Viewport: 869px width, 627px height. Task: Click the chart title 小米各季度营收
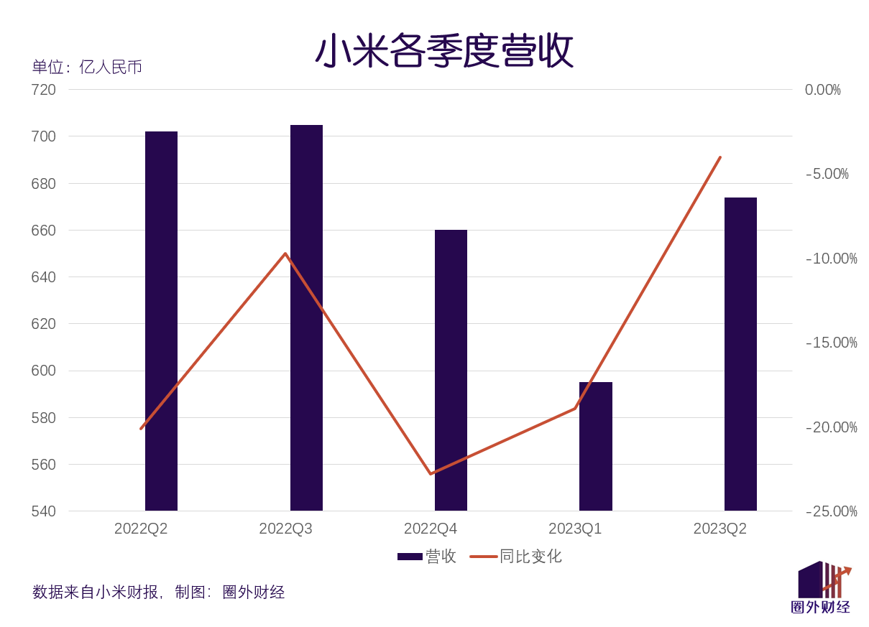click(x=443, y=51)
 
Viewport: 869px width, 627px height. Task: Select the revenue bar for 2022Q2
click(x=161, y=320)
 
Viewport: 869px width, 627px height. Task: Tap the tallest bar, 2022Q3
click(x=306, y=317)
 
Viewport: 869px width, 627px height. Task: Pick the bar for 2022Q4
click(x=451, y=370)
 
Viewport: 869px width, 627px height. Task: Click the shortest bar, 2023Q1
click(x=596, y=446)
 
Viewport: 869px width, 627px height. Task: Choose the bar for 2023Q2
click(x=740, y=353)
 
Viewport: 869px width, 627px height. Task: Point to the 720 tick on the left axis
click(x=43, y=90)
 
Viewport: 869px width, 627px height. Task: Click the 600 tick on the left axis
click(x=43, y=371)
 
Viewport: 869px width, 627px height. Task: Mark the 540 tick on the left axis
click(x=43, y=511)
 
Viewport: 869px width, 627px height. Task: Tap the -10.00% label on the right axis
click(x=831, y=259)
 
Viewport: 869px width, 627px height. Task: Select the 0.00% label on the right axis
click(x=822, y=90)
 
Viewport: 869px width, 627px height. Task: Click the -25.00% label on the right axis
click(x=831, y=511)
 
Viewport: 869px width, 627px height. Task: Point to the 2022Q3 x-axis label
click(x=285, y=529)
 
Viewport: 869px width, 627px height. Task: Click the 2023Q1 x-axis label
click(x=575, y=529)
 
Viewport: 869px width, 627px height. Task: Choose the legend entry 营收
click(x=427, y=557)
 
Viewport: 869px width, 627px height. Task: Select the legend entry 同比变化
click(x=516, y=557)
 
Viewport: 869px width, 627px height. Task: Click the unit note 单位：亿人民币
click(x=87, y=68)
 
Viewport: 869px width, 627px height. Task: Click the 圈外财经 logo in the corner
click(x=821, y=587)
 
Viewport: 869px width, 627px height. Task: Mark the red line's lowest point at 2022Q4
click(x=431, y=474)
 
